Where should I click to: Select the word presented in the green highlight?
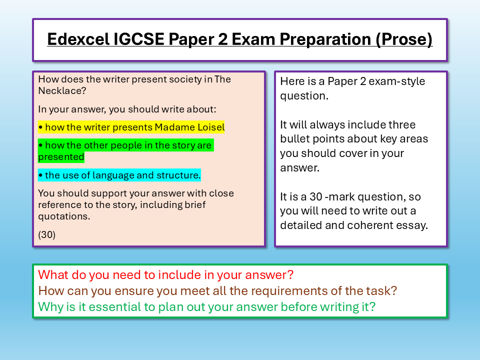coord(61,157)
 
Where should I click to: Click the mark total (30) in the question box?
coord(46,234)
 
